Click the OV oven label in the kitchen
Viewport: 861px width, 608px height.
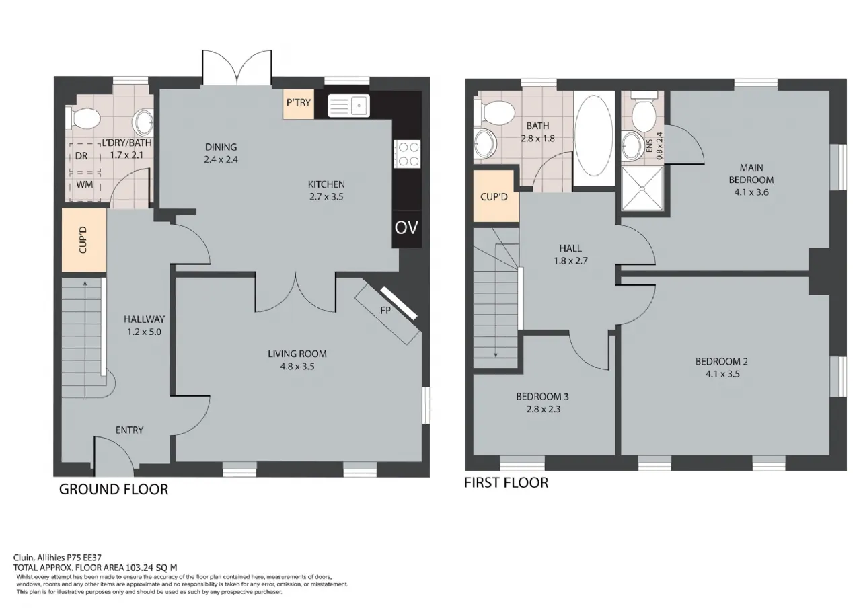coord(406,228)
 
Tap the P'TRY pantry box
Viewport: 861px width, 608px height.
coord(299,104)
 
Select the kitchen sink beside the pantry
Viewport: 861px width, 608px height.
coord(348,106)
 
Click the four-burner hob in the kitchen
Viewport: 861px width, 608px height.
coord(407,154)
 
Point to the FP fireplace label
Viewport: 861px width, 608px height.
coord(385,311)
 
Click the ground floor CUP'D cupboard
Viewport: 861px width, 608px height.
coord(84,240)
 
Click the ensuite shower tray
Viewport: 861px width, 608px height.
coord(642,189)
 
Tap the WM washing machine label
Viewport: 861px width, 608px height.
coord(85,184)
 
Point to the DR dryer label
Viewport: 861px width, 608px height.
coord(81,155)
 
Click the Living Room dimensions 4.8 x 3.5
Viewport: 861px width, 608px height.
coord(297,367)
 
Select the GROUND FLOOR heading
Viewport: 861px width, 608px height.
coord(114,489)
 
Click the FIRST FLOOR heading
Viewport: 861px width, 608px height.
coord(506,483)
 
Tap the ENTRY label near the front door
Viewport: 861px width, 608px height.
coord(130,430)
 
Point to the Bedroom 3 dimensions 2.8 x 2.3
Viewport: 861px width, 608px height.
coord(543,409)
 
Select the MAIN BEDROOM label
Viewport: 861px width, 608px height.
coord(751,174)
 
